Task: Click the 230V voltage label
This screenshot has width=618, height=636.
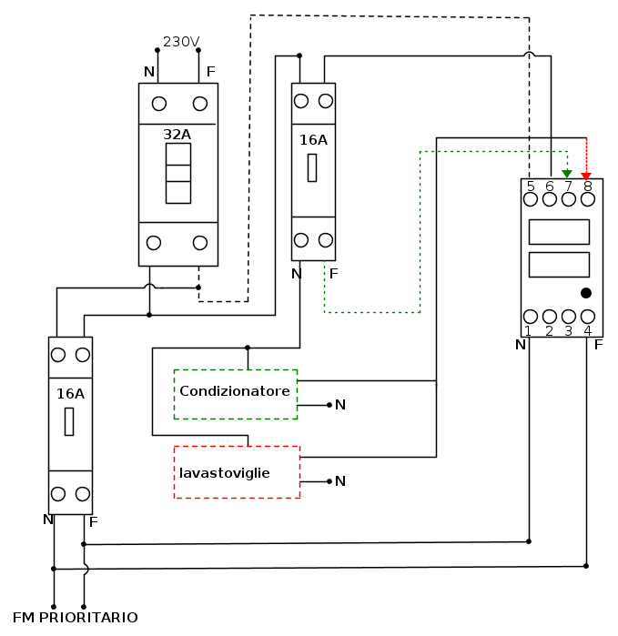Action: pos(181,42)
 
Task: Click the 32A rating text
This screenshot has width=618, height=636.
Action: pos(177,134)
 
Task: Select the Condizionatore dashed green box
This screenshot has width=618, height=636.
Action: pos(235,393)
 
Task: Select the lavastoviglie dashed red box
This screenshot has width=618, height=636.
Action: pos(236,471)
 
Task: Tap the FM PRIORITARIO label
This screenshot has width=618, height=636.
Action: pos(76,618)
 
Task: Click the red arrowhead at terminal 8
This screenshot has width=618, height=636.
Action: pos(586,175)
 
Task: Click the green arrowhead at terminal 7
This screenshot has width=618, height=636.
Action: pos(568,174)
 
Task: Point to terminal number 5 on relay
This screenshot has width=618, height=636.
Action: pos(530,187)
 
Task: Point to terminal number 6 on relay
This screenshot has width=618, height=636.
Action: pos(549,187)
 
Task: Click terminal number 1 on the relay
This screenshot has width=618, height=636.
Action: pos(529,330)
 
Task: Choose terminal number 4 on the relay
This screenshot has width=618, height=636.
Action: pos(587,330)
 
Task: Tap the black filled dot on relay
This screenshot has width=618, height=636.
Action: pos(586,293)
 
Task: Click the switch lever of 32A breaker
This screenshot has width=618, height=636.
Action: pos(177,173)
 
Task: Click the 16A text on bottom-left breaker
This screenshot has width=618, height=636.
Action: pos(70,394)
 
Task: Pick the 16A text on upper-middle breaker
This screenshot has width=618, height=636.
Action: pos(313,140)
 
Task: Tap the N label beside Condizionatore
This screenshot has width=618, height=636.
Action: pos(339,405)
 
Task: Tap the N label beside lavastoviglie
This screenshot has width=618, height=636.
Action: pos(339,481)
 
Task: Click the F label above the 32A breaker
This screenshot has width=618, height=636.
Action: pos(211,72)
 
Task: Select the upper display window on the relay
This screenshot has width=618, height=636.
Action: pos(558,231)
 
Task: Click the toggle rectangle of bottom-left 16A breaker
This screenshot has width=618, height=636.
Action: pos(69,421)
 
